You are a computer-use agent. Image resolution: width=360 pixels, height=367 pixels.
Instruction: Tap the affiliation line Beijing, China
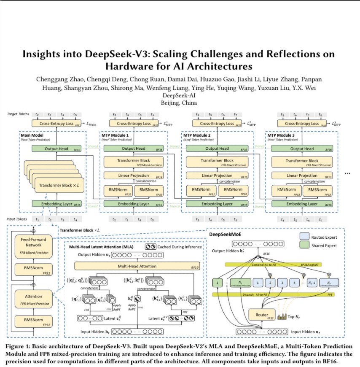(180, 103)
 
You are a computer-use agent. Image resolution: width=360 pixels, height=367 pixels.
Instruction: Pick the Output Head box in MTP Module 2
(217, 148)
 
